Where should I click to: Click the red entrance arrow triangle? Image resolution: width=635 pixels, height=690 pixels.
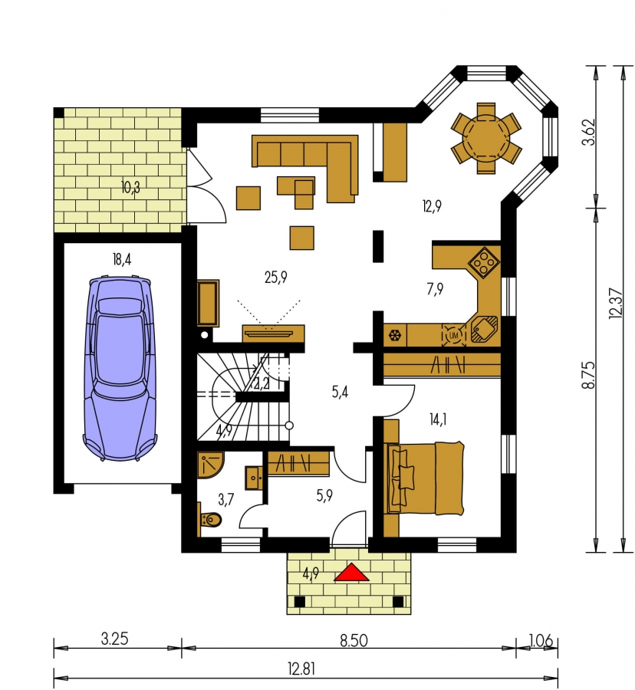click(350, 573)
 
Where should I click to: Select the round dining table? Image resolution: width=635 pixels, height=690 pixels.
click(485, 138)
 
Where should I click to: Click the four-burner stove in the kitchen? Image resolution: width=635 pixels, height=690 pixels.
click(484, 262)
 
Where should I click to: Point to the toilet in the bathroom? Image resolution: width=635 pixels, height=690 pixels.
click(210, 520)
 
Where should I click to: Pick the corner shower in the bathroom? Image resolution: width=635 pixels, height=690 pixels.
click(211, 465)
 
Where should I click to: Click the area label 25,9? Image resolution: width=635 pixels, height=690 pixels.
click(275, 278)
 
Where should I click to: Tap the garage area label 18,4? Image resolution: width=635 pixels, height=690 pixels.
click(122, 260)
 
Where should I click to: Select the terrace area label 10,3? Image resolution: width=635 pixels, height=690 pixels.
click(130, 188)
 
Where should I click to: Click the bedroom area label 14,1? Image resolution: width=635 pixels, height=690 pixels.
click(438, 420)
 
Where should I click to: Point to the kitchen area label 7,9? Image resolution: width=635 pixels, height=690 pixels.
click(435, 289)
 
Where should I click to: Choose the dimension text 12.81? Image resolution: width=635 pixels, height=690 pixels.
click(301, 669)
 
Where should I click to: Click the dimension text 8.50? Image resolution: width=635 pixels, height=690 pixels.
click(354, 640)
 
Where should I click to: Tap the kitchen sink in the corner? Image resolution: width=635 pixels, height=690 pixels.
click(484, 329)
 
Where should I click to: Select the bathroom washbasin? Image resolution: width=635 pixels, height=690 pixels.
click(255, 477)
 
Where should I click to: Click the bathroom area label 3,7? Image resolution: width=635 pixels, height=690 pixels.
click(225, 499)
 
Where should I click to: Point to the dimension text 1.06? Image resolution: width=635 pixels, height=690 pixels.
click(541, 640)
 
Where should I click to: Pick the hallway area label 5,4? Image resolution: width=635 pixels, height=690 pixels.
click(340, 392)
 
